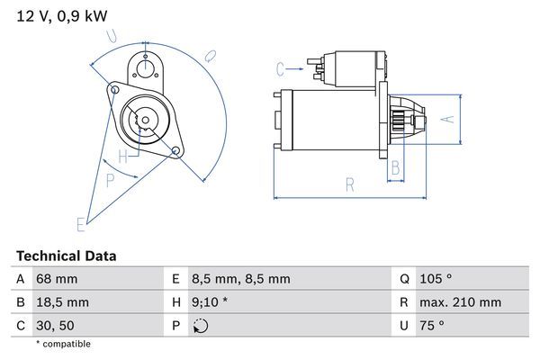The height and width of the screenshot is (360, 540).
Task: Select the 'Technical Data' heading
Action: (x=66, y=256)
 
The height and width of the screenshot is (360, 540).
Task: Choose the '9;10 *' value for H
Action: (x=211, y=302)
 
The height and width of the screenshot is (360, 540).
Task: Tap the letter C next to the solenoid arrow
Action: (x=280, y=67)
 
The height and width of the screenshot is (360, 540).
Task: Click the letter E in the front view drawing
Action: (x=80, y=222)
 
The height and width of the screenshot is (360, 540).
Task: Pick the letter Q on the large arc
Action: (x=209, y=55)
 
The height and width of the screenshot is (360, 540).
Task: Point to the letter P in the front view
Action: (x=110, y=180)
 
